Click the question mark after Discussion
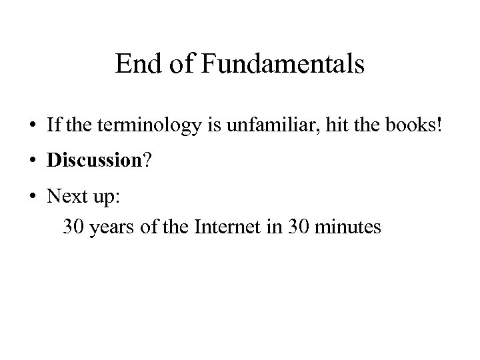pyautogui.click(x=147, y=161)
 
